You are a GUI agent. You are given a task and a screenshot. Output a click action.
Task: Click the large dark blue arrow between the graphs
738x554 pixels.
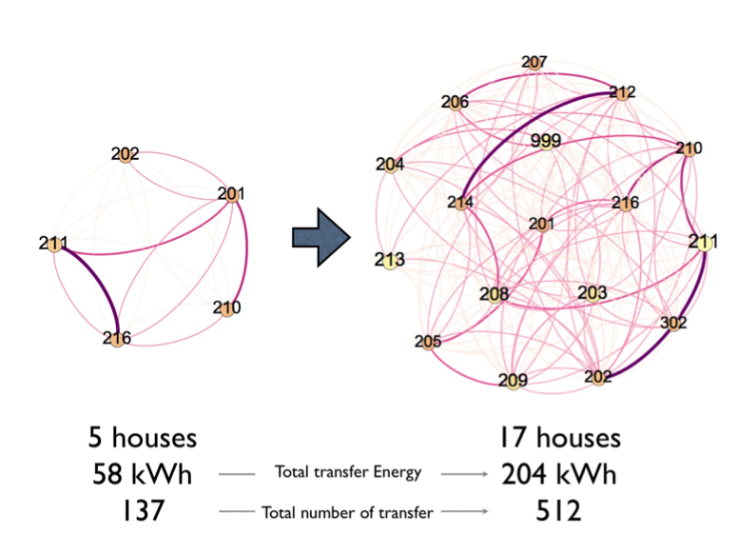point(321,237)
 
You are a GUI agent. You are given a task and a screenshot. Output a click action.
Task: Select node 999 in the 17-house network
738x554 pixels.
point(546,141)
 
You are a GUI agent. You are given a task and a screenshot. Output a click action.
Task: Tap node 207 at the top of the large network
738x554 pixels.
point(534,62)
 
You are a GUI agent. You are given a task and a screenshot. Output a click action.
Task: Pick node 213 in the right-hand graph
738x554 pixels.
point(390,261)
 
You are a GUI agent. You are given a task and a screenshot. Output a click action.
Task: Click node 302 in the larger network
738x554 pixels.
point(674,324)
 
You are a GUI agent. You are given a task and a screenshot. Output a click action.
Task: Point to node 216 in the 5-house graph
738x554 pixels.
point(117,339)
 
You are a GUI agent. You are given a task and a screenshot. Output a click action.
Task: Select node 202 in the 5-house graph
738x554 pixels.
point(126,155)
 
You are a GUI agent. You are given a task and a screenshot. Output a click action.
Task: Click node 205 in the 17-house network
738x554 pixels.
point(428,342)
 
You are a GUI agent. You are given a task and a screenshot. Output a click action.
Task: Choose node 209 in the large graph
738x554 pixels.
point(513,381)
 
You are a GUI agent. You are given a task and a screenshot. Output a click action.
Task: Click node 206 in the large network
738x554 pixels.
point(456,103)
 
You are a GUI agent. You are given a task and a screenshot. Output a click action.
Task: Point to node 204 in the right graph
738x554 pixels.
point(390,166)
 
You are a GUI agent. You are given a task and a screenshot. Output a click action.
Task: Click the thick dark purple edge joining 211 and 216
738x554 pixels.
point(100,281)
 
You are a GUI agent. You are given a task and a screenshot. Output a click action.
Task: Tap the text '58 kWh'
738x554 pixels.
point(142,474)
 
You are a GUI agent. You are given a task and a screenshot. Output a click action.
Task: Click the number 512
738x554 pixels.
point(558,511)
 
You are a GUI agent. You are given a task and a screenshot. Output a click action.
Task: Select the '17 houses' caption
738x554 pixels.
point(560,438)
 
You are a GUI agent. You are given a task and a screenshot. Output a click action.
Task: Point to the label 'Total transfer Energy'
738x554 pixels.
point(348,472)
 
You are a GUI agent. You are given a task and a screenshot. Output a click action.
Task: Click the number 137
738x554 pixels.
point(143,511)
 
